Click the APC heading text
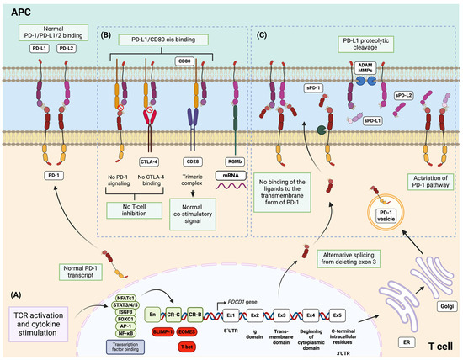[x=19, y=13]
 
